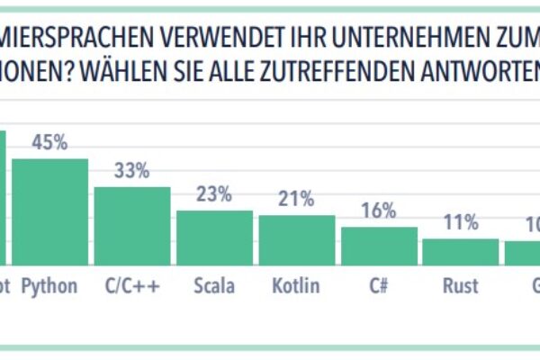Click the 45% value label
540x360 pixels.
point(49,142)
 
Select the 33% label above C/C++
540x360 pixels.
point(132,171)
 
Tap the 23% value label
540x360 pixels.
point(214,193)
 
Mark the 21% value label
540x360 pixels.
point(296,199)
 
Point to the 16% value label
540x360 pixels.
point(379,211)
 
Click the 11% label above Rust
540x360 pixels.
point(460,222)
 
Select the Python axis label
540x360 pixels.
point(49,286)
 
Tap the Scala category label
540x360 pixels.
point(214,286)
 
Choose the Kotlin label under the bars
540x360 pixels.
point(296,286)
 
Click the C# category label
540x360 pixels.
point(379,286)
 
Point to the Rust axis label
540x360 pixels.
point(460,286)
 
